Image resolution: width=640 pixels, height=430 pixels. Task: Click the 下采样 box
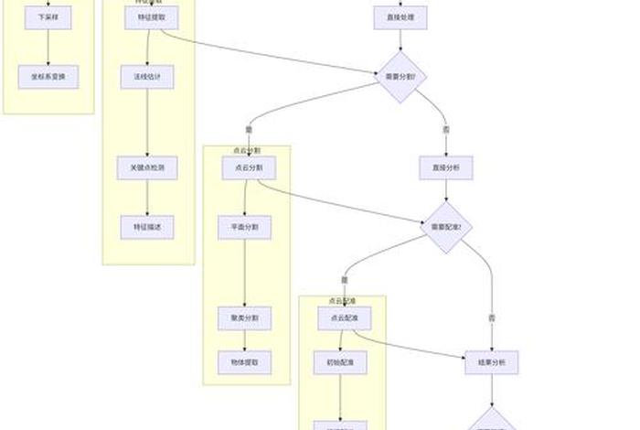pos(48,17)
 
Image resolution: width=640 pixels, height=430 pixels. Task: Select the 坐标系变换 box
pos(48,77)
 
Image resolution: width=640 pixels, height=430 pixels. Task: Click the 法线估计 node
pos(147,77)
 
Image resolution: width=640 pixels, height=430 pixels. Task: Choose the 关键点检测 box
pos(147,168)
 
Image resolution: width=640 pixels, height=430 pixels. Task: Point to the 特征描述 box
pos(147,227)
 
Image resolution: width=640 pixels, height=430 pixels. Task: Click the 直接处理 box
pos(400,17)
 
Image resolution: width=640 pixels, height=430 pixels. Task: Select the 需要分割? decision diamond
pos(400,77)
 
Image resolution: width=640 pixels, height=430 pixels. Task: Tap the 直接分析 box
pos(446,167)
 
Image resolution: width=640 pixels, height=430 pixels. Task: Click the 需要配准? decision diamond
pos(446,227)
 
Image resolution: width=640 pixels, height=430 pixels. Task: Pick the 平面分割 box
pos(245,227)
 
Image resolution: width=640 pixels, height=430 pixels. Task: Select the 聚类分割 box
pos(245,318)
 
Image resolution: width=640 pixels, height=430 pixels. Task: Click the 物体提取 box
pos(245,362)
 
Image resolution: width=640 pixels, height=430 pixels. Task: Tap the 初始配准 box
pos(340,362)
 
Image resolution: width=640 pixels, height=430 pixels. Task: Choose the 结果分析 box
pos(492,362)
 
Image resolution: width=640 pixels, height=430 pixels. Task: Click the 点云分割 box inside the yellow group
pos(249,167)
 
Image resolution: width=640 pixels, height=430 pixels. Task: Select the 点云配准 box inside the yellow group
pos(344,318)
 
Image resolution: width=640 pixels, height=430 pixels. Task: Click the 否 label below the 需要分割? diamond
pos(446,130)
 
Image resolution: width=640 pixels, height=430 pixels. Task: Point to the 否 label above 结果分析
pos(492,317)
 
